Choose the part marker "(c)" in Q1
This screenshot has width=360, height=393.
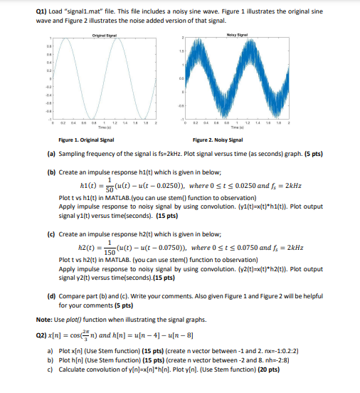click(51, 233)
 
